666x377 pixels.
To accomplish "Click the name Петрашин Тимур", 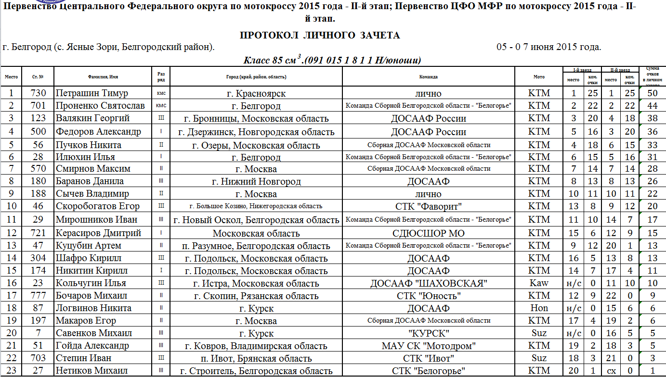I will [91, 93].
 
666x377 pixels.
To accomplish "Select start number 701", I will [38, 106].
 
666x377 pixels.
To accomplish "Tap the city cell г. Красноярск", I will [256, 93].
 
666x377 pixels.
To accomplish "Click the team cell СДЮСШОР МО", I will [428, 233].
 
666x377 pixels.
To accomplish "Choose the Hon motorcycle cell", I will [539, 308].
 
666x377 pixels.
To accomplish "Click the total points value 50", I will [653, 93].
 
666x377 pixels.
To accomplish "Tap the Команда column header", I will [428, 77].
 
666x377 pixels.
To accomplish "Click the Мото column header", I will [539, 77].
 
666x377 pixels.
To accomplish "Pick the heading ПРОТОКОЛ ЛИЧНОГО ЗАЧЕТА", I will [320, 36].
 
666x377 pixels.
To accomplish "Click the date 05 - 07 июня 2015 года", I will [548, 47].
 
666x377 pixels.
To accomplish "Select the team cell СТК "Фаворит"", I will [428, 206].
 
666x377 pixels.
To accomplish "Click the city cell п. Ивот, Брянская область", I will [256, 358].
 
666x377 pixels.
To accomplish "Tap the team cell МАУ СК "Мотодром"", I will [428, 346].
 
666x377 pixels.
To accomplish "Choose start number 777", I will [38, 296].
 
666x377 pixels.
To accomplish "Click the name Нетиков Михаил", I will [91, 371].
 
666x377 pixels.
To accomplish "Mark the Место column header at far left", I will [12, 77].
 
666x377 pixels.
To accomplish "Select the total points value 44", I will [653, 106].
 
